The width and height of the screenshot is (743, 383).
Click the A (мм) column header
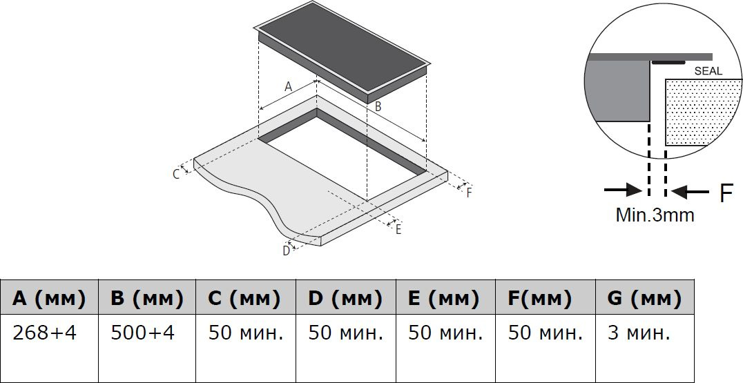click(49, 299)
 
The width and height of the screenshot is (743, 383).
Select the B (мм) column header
click(147, 299)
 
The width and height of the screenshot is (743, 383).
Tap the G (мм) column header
click(645, 299)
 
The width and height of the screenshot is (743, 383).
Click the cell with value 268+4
click(45, 333)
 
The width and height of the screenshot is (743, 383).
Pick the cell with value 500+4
click(143, 333)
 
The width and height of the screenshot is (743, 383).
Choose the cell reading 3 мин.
click(639, 333)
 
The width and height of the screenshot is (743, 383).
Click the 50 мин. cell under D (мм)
click(345, 333)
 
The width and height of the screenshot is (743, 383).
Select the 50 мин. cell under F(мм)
click(545, 333)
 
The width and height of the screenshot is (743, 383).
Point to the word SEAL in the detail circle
click(708, 71)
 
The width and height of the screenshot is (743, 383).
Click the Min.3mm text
click(655, 215)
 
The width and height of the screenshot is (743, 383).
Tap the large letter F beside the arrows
click(726, 193)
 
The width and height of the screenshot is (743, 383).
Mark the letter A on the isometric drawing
click(289, 86)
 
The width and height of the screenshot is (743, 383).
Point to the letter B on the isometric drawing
click(378, 106)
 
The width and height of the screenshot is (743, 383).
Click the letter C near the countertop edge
click(176, 174)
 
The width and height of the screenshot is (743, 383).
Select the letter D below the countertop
click(286, 251)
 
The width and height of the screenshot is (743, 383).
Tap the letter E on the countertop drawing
click(398, 230)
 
